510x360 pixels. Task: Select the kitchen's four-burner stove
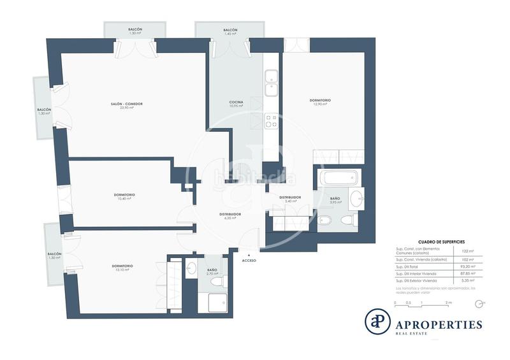tap(270, 120)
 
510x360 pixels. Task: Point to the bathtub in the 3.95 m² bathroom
tap(339, 178)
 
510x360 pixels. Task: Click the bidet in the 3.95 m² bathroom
tap(324, 221)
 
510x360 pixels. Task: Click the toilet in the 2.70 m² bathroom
tap(217, 281)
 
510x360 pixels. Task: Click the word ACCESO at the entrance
tap(250, 261)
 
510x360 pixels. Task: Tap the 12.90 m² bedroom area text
tap(320, 104)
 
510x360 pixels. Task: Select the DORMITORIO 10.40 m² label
tap(124, 196)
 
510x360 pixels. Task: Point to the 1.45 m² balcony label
tap(230, 34)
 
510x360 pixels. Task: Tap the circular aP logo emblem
tap(377, 320)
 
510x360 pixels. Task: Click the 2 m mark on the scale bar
tap(448, 302)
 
